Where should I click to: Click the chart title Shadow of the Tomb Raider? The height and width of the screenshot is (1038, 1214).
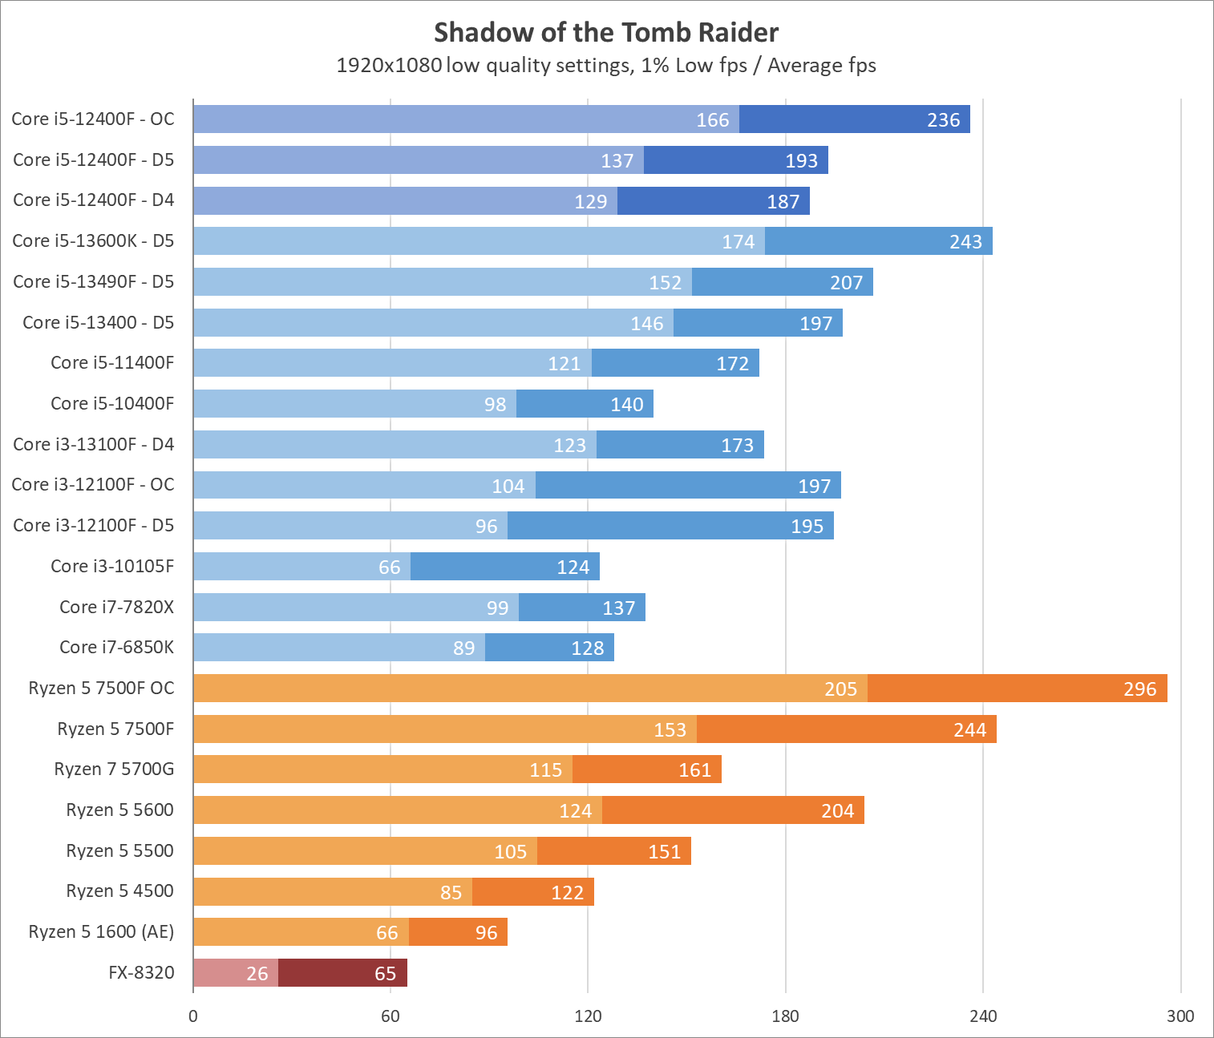(606, 32)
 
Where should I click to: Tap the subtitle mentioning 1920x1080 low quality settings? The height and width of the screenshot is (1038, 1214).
(606, 65)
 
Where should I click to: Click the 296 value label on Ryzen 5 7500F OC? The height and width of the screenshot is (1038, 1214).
(1139, 689)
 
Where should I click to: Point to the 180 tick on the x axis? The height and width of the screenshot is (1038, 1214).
(785, 1016)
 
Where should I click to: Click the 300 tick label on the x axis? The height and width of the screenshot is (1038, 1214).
(1180, 1016)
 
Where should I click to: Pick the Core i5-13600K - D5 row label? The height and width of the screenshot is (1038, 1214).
(93, 240)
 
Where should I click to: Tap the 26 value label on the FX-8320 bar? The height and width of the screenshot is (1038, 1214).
(257, 973)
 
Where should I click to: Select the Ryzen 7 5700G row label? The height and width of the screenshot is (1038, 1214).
(114, 769)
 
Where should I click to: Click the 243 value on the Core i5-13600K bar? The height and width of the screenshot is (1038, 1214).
(965, 241)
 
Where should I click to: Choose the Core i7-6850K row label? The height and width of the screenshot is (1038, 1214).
(116, 647)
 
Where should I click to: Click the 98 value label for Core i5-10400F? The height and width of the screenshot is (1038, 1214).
(495, 404)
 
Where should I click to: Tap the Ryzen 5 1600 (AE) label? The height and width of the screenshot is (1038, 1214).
(101, 931)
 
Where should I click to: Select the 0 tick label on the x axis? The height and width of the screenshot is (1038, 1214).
(193, 1016)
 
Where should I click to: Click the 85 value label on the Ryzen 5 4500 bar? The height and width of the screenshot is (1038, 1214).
(451, 892)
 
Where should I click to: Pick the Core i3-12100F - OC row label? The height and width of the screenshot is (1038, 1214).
(93, 484)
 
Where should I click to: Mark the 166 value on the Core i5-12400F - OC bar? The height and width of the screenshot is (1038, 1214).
(712, 119)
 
